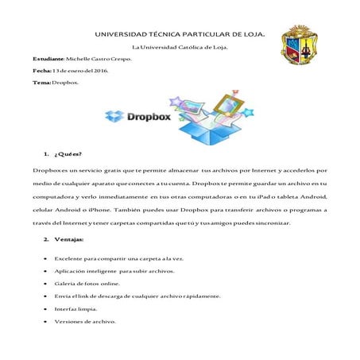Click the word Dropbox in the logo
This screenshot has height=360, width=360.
(148, 115)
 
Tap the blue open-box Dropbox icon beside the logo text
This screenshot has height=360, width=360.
(115, 117)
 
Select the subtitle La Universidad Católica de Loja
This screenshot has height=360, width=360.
(179, 48)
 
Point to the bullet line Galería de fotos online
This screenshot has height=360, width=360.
(88, 282)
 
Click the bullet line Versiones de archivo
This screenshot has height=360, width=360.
(85, 321)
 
